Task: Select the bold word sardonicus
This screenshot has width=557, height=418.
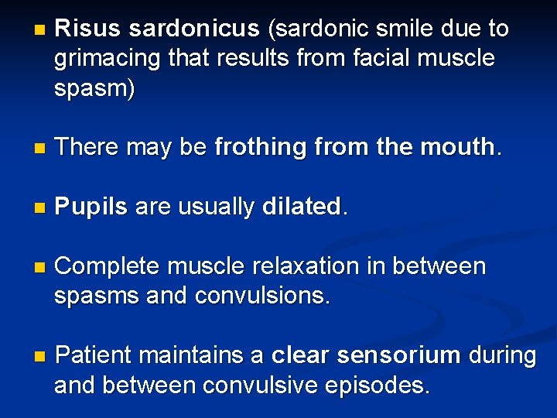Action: pos(194,29)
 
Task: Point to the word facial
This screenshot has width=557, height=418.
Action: pos(367,59)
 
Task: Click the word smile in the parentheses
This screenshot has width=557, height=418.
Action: pos(412,29)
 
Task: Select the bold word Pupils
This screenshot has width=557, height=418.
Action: pos(92,207)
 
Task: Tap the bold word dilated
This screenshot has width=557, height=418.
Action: pos(302,206)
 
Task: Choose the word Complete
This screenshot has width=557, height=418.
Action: pos(108,267)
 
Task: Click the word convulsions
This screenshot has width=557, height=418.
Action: pos(264,296)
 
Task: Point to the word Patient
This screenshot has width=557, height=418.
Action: pos(96,355)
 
